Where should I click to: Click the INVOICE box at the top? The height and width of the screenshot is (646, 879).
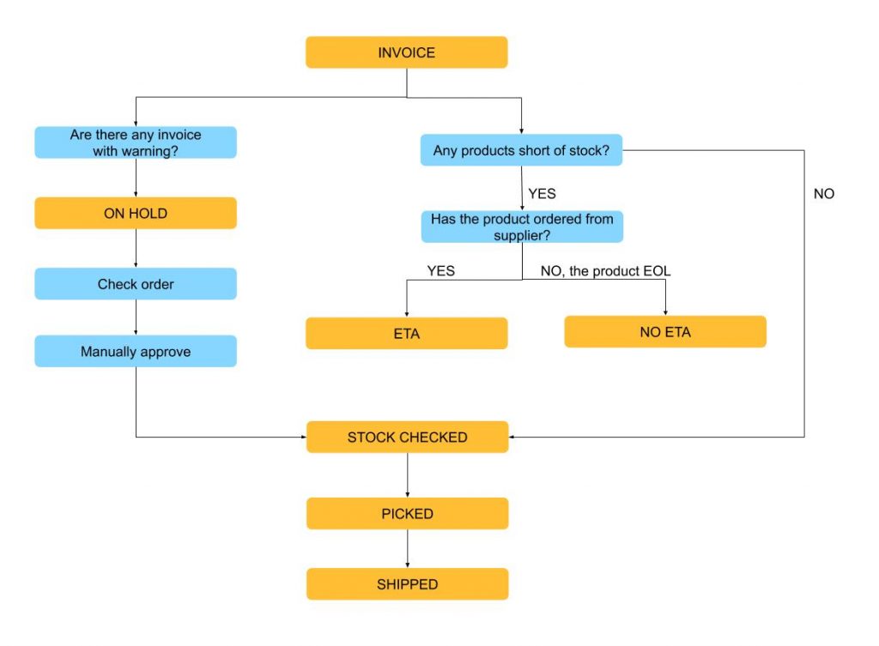[x=406, y=52]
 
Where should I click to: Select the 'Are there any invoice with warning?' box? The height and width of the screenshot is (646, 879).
[x=136, y=142]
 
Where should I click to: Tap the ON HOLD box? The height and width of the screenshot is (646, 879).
[x=136, y=214]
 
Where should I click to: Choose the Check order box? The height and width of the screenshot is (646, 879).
[x=136, y=284]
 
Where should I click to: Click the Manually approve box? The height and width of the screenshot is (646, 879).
[x=136, y=352]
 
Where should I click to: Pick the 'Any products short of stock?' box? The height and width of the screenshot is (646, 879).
[x=521, y=150]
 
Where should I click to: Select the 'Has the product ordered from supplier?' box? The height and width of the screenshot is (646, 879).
[x=521, y=226]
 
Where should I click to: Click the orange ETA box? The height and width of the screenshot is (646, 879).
[x=406, y=334]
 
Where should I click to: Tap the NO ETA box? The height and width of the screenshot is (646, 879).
[x=665, y=332]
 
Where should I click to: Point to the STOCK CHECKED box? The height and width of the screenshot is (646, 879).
[x=407, y=438]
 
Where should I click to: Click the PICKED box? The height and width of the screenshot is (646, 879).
[x=407, y=514]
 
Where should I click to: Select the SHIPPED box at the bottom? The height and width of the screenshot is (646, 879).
[x=407, y=584]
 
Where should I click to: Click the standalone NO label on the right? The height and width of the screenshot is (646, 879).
[x=823, y=194]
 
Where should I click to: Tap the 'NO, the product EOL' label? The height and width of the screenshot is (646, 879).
[x=605, y=271]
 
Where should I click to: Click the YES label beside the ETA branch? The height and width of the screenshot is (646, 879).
[x=441, y=271]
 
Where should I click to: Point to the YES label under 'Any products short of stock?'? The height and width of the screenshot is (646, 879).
[x=542, y=194]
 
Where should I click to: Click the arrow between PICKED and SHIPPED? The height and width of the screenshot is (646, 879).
[x=407, y=549]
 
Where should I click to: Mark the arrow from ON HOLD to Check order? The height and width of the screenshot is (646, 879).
[x=136, y=249]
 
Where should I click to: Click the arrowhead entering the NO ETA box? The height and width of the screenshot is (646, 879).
[x=665, y=311]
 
